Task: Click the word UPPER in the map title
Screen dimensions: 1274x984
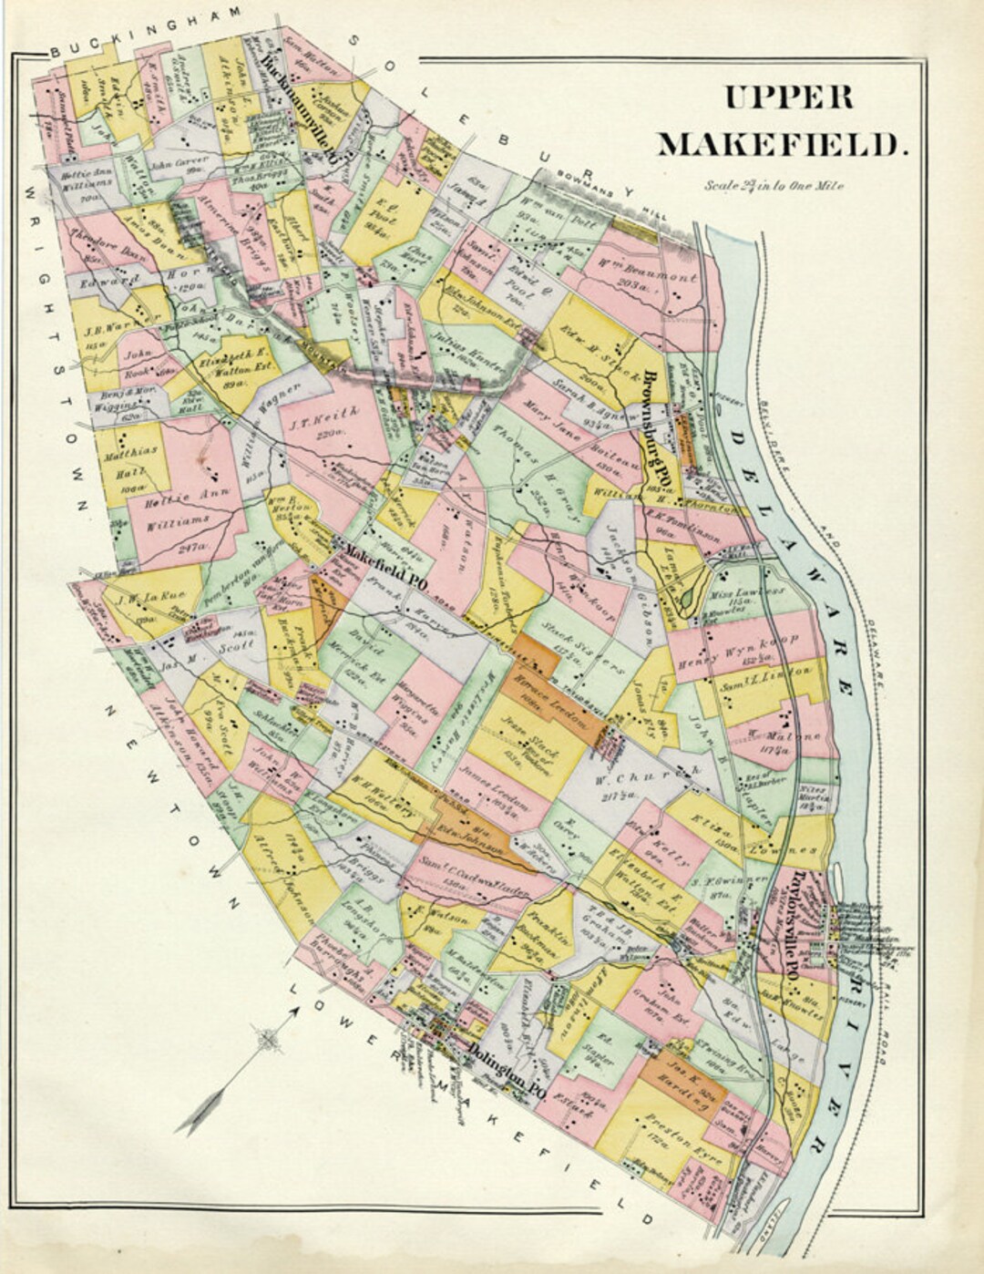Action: pos(788,97)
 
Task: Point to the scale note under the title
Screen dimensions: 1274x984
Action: pos(774,185)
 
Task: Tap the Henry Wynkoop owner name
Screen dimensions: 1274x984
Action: pos(748,649)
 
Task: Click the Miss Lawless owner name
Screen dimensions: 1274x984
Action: pos(752,591)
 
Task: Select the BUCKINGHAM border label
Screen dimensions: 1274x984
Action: pos(146,31)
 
